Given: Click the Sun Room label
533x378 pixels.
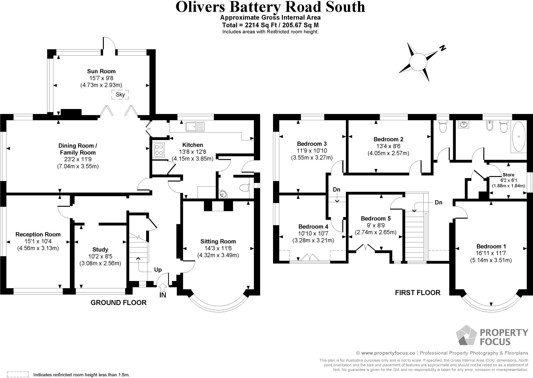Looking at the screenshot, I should tap(101, 71).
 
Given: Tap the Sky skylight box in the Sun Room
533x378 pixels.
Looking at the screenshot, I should tap(120, 94).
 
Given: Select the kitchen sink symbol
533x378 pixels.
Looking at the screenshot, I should tap(195, 127).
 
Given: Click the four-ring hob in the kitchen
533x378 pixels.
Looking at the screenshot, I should tap(158, 150).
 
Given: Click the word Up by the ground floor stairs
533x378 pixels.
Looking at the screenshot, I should tap(158, 270).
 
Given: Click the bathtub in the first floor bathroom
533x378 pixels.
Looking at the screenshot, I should tap(519, 137).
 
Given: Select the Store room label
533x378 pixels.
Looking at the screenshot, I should tap(508, 175).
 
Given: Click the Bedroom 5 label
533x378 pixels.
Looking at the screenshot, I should tap(376, 218).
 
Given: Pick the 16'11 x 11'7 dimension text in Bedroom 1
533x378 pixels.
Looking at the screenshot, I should tap(491, 253).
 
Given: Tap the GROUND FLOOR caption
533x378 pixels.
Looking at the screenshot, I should tap(118, 302).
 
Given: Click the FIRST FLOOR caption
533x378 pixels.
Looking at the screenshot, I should tap(417, 292).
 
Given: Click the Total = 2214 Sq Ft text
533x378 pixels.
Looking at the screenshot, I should tap(270, 25).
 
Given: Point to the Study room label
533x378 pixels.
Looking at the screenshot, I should tap(100, 249).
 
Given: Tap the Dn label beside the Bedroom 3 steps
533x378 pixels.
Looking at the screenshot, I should tap(337, 190).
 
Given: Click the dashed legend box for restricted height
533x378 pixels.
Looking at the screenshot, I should tap(18, 374).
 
